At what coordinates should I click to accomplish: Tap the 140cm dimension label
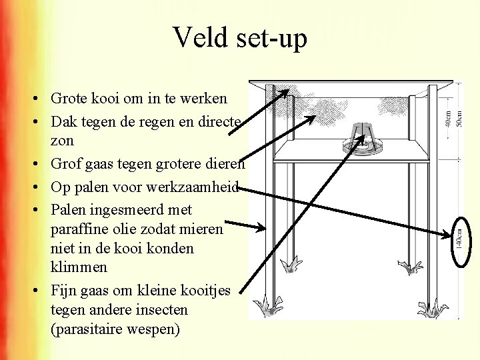[x=459, y=236]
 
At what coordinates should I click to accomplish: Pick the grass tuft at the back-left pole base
[x=291, y=265]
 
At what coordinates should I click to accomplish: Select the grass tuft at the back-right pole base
[x=409, y=267]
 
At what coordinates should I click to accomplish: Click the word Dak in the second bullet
[x=63, y=121]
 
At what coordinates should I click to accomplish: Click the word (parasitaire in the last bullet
[x=85, y=329]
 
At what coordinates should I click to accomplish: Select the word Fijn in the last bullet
[x=63, y=291]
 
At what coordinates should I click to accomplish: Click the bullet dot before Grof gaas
[x=41, y=164]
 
